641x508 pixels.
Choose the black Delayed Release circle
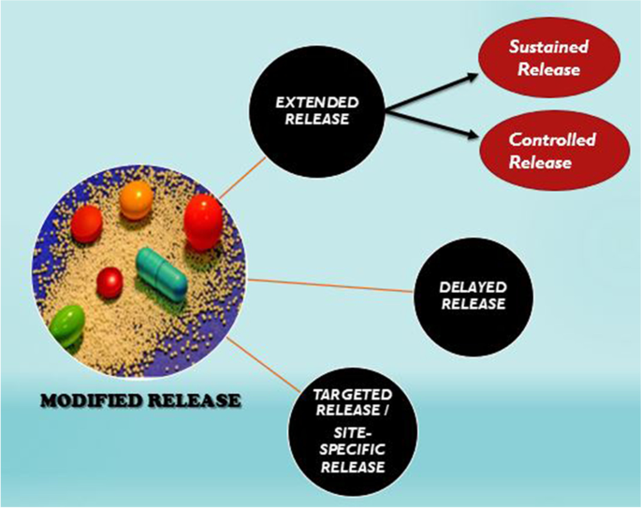pos(473,295)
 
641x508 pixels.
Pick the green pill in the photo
pos(66,324)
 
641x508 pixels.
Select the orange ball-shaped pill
pos(137,199)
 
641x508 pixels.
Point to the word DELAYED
pos(473,286)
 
